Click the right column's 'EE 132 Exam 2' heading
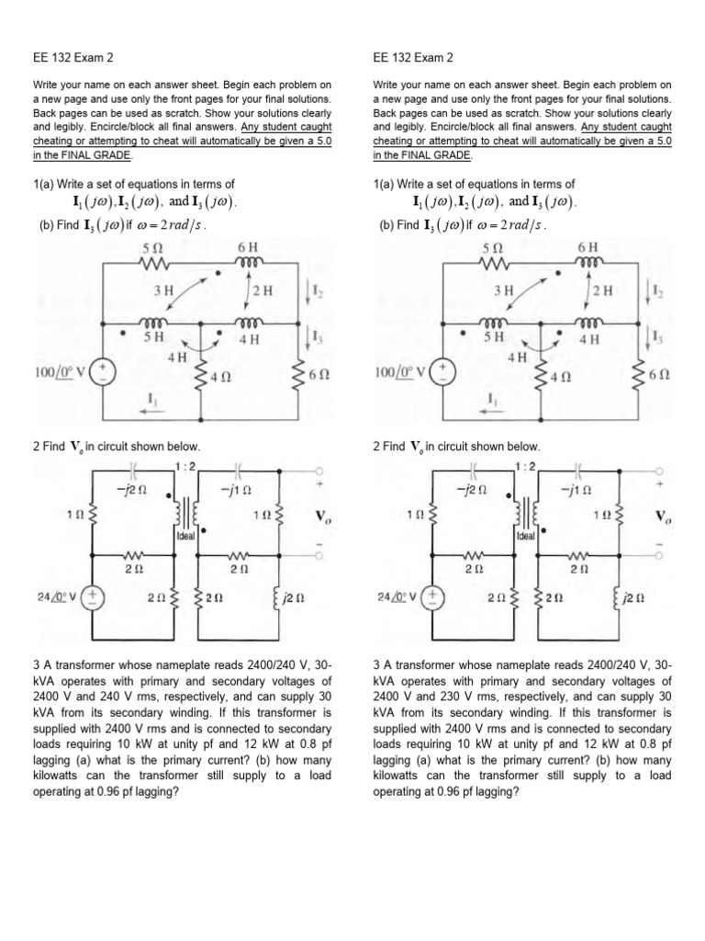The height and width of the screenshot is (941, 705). click(413, 58)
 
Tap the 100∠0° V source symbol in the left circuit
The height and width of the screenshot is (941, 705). click(104, 371)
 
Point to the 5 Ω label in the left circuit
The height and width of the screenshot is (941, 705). click(152, 246)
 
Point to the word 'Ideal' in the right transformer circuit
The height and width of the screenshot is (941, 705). click(526, 537)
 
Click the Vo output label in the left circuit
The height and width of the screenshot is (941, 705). click(321, 516)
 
